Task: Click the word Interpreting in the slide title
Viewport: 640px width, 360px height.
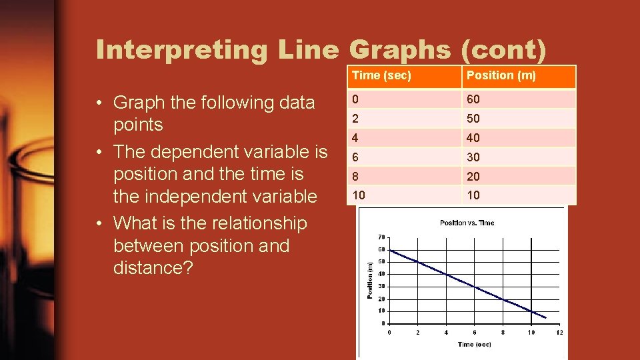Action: pyautogui.click(x=179, y=50)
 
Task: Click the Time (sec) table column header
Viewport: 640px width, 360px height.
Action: pyautogui.click(x=381, y=75)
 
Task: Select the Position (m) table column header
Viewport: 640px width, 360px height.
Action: pyautogui.click(x=501, y=75)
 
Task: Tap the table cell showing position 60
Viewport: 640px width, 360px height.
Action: pyautogui.click(x=473, y=99)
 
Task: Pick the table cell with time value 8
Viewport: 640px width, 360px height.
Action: pyautogui.click(x=356, y=177)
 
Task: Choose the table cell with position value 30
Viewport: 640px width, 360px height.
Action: pyautogui.click(x=473, y=157)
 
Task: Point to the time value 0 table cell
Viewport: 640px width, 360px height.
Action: pyautogui.click(x=356, y=99)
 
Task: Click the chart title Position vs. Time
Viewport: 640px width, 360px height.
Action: pyautogui.click(x=467, y=223)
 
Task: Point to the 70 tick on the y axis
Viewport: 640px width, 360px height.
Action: pyautogui.click(x=381, y=237)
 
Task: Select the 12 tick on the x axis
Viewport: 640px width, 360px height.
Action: pyautogui.click(x=559, y=332)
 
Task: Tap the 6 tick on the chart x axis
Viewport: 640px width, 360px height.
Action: pyautogui.click(x=474, y=332)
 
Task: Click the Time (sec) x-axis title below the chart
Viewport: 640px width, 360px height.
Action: pyautogui.click(x=474, y=345)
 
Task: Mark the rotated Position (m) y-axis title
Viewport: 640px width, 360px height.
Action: pyautogui.click(x=371, y=280)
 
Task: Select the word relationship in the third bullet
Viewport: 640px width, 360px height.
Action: pyautogui.click(x=259, y=223)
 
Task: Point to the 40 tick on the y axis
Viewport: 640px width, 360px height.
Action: pyautogui.click(x=381, y=274)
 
